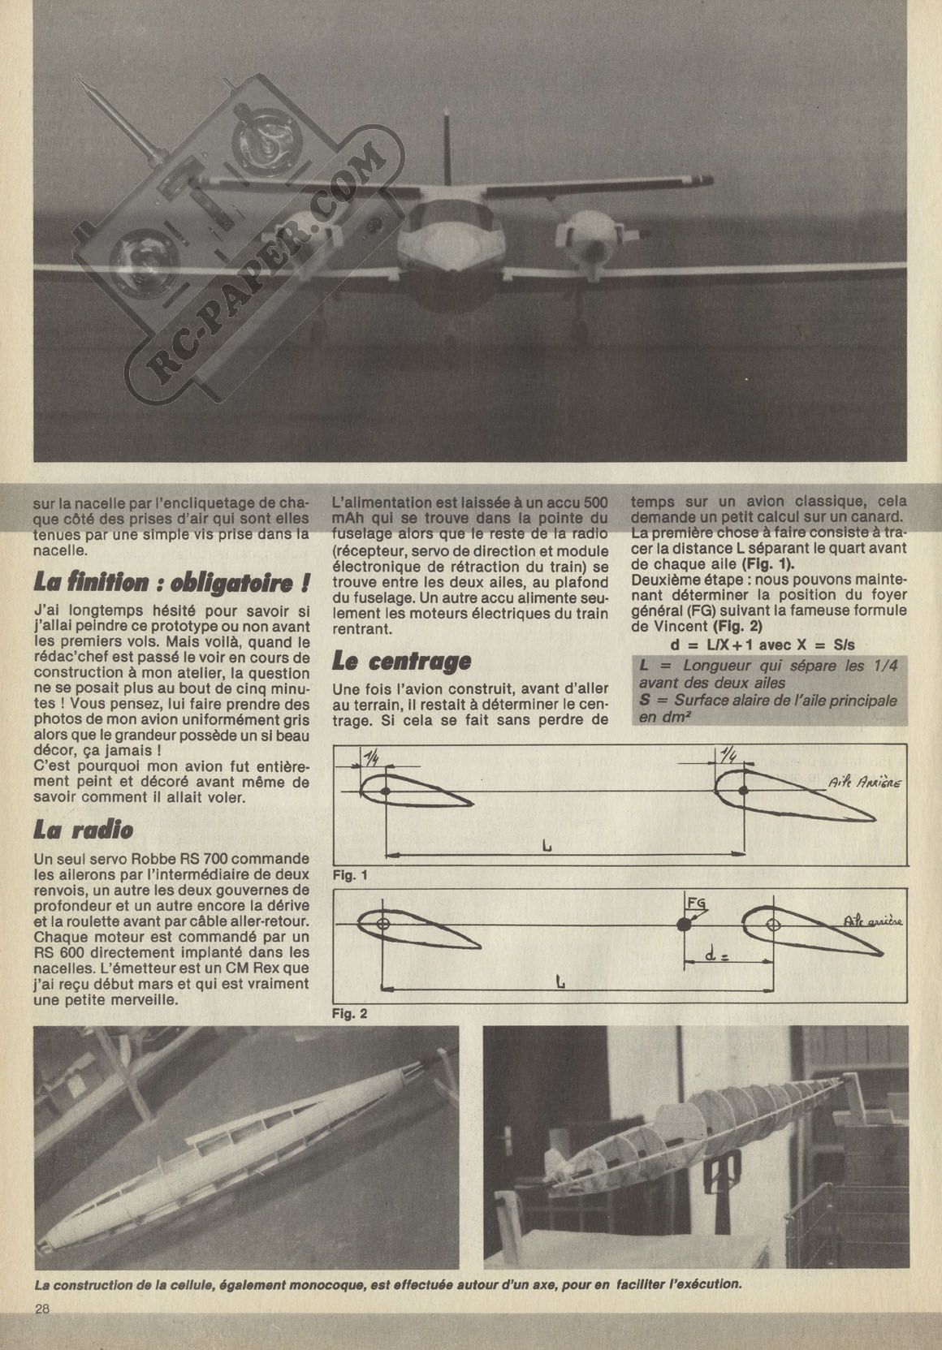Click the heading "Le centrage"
402,660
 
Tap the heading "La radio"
84,829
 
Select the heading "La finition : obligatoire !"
171,582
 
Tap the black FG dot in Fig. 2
685,924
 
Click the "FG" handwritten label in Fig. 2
696,903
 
